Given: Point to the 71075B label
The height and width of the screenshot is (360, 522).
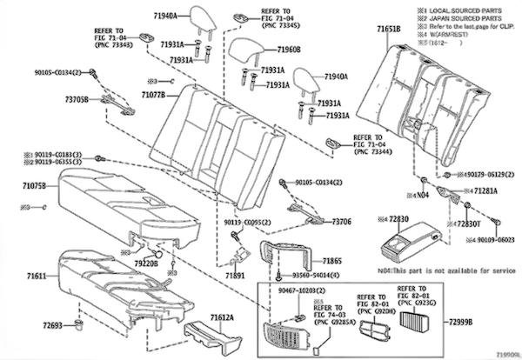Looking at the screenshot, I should (30, 185).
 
